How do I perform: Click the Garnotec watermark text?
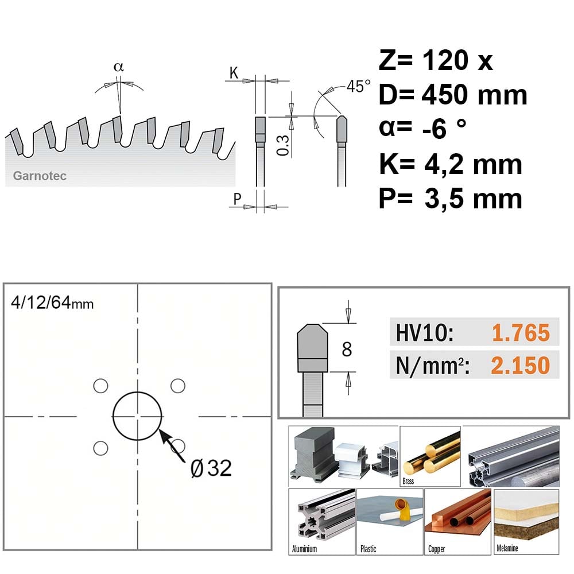(40, 176)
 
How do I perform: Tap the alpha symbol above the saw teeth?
(119, 67)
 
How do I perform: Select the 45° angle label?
(358, 87)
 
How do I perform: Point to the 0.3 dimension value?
(283, 145)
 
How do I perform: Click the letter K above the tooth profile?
(234, 73)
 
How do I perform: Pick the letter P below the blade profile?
(237, 199)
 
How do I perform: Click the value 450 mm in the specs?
(475, 95)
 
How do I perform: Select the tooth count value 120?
(445, 60)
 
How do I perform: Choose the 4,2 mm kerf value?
(473, 165)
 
